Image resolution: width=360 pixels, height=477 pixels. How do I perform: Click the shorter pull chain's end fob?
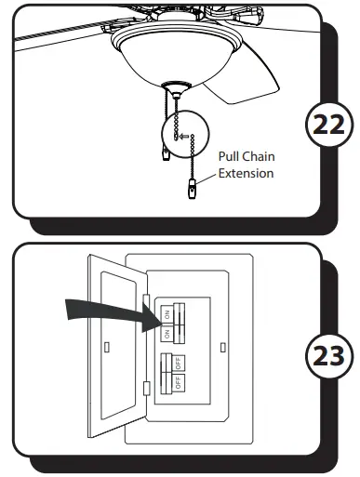(165, 153)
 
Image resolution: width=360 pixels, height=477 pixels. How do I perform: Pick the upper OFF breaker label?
(178, 362)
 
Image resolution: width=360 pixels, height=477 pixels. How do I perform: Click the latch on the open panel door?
(111, 346)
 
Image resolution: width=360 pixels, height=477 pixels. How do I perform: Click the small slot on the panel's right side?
(222, 346)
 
